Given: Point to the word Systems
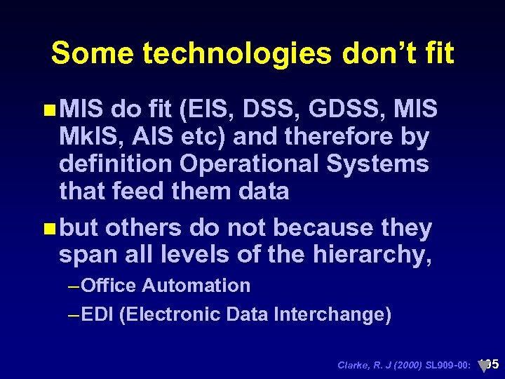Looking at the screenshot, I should tap(384, 164).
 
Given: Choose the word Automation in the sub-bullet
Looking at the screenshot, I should tap(196, 286).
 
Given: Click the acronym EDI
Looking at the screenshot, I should tap(98, 314).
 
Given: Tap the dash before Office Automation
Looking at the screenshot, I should tap(75, 286).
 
